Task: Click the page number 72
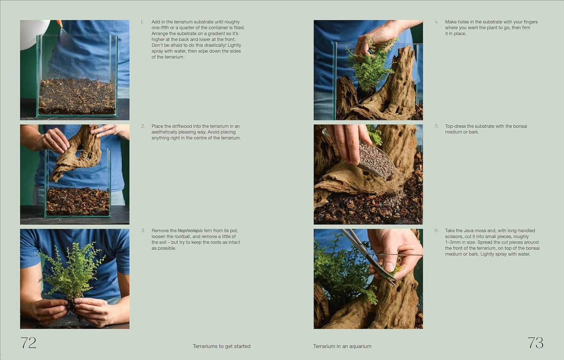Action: click(28, 343)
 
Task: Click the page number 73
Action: click(535, 343)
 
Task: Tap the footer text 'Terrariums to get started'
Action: click(221, 346)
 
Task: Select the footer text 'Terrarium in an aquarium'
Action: click(342, 346)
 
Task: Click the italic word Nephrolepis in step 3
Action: click(190, 231)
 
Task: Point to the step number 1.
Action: click(142, 22)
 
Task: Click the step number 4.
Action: click(436, 22)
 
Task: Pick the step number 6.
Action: click(436, 231)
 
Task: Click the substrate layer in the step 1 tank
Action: click(77, 96)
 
